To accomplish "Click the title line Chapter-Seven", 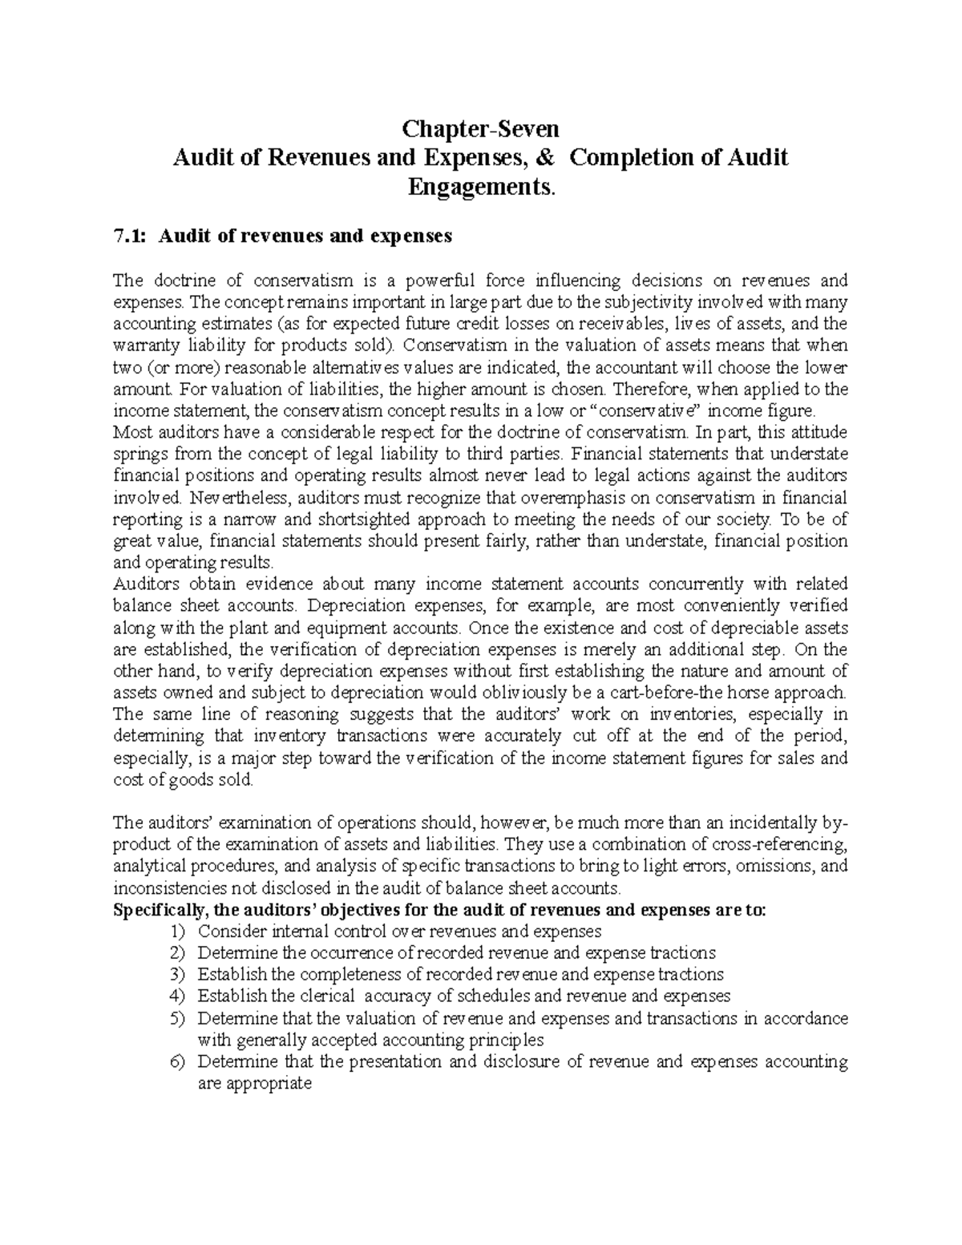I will pyautogui.click(x=480, y=129).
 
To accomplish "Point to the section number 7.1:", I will pyautogui.click(x=131, y=236).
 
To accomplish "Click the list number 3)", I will pyautogui.click(x=176, y=975).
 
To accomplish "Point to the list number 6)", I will pyautogui.click(x=176, y=1062).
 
